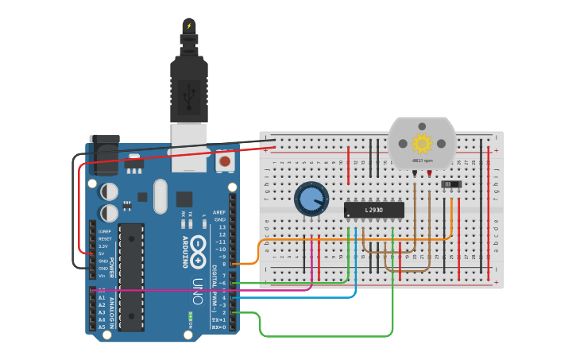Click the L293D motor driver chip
click(x=374, y=210)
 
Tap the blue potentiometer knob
click(x=311, y=199)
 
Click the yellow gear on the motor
click(x=422, y=143)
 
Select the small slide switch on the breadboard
click(x=451, y=184)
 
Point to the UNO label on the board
click(x=197, y=290)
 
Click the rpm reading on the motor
click(x=422, y=161)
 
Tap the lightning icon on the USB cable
click(x=188, y=26)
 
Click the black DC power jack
click(x=104, y=155)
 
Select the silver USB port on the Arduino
click(x=189, y=146)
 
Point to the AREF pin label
click(x=219, y=213)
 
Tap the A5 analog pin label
click(x=102, y=327)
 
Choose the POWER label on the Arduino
click(x=111, y=266)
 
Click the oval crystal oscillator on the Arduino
click(x=160, y=196)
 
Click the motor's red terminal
click(x=430, y=172)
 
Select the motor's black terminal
click(x=415, y=172)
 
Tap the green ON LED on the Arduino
click(x=191, y=316)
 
